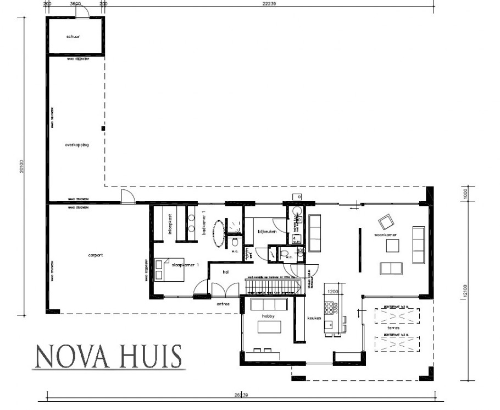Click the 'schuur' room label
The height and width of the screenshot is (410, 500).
tap(73, 36)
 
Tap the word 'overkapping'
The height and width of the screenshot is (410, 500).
tap(76, 145)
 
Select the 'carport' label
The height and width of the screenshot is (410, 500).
tap(96, 255)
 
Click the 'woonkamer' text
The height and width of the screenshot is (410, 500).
tap(386, 236)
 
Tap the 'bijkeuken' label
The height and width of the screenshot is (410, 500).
tap(266, 232)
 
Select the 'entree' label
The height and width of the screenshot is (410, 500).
tap(223, 303)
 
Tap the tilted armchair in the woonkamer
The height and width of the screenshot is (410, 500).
tap(386, 222)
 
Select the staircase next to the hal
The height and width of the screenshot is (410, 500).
tap(273, 287)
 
